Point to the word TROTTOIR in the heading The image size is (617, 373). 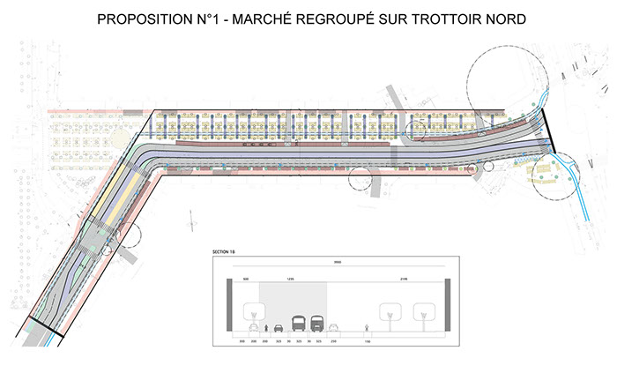[438, 19]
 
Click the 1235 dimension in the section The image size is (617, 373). [291, 280]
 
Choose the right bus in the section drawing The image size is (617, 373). [318, 324]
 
